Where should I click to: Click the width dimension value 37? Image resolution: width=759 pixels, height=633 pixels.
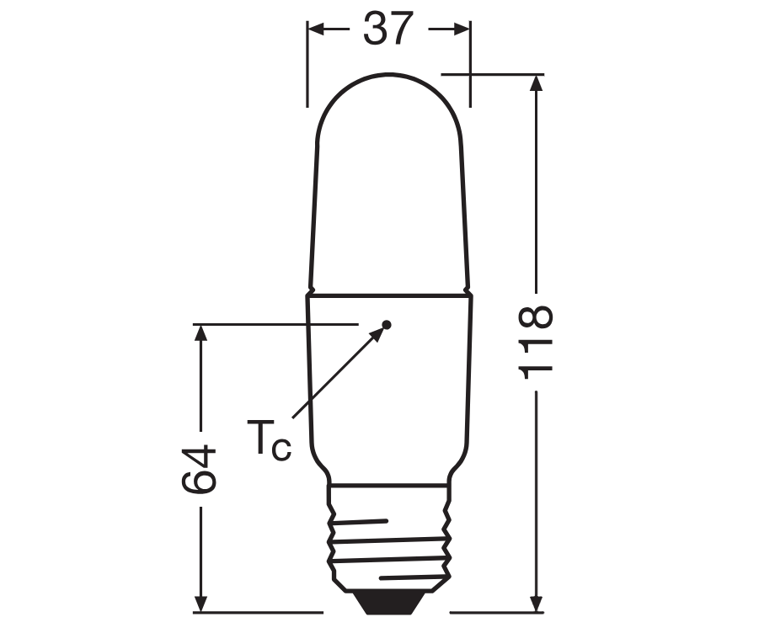click(x=389, y=29)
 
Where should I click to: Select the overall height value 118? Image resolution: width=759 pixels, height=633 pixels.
click(x=536, y=342)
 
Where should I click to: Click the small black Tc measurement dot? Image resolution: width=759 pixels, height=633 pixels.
click(x=387, y=324)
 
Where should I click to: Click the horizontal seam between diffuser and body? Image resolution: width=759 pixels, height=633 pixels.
click(x=389, y=295)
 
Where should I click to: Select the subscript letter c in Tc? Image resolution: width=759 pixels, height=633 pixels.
click(x=282, y=448)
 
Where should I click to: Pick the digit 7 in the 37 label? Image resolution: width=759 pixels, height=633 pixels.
click(x=403, y=29)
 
